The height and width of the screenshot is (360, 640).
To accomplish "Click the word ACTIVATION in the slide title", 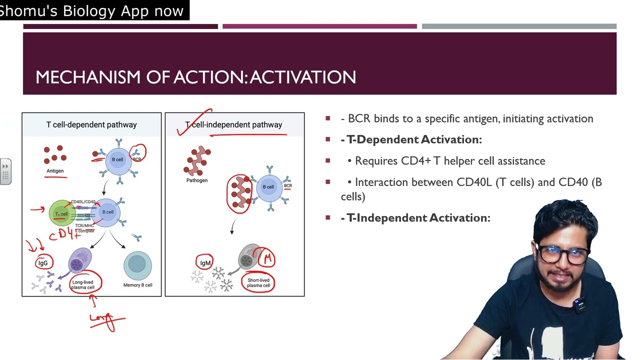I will (x=303, y=77).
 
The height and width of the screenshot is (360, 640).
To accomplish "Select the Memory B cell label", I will (x=137, y=285).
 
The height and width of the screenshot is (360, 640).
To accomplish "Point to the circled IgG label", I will (x=43, y=263).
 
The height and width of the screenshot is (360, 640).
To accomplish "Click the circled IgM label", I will (x=205, y=263).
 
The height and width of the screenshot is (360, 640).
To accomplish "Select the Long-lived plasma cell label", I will (x=83, y=284).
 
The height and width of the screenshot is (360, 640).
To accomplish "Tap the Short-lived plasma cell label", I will (x=258, y=282).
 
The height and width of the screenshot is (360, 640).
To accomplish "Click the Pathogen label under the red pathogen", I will (x=197, y=180).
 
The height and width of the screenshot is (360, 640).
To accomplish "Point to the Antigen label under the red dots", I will (x=55, y=171).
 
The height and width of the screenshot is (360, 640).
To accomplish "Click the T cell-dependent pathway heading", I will (x=91, y=124).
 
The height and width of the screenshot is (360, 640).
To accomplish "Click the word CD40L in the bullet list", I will (x=474, y=182).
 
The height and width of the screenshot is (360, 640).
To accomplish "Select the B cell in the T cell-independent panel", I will (x=268, y=187).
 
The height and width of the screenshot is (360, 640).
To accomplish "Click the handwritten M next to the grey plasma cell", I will (x=267, y=258).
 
